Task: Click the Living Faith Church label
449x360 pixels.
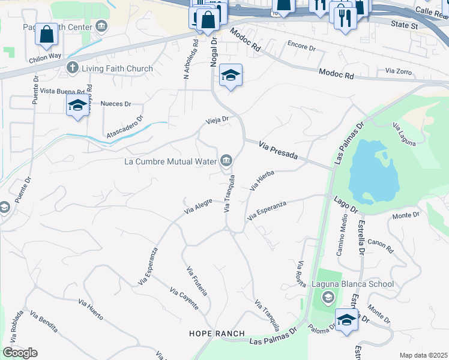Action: [117, 68]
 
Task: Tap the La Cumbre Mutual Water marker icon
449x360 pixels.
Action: [227, 160]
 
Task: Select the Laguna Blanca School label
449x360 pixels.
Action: [353, 284]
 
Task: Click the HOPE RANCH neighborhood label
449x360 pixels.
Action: [217, 334]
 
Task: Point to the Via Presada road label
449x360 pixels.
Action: [278, 150]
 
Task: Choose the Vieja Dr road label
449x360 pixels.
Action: [218, 119]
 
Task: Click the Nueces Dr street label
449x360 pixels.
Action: [116, 104]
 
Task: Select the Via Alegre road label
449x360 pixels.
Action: [198, 208]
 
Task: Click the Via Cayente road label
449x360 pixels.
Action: [184, 299]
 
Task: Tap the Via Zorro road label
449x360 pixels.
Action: [399, 71]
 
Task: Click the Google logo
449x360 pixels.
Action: [20, 353]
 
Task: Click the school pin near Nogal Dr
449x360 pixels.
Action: [231, 76]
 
